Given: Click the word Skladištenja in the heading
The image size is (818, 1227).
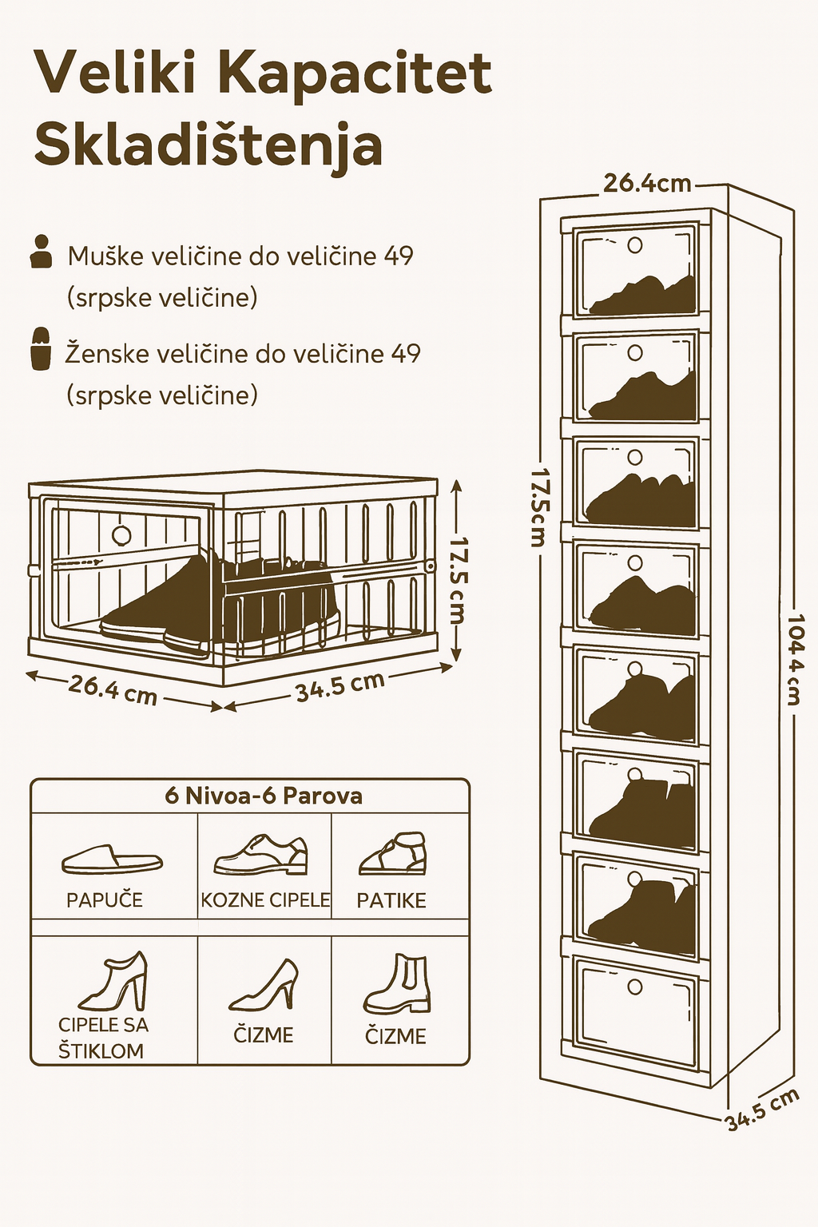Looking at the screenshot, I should coord(208,145).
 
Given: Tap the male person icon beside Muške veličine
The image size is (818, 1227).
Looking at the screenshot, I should coord(40,251).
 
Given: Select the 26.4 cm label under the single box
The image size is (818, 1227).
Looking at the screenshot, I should coord(113,689).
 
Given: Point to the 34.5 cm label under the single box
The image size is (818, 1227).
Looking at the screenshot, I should coord(340,685).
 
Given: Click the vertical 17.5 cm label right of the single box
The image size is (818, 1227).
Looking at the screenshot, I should coord(457,579).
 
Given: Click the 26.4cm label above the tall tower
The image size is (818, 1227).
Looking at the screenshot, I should coord(646,183).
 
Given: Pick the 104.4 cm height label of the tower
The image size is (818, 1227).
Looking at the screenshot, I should coord(794,659).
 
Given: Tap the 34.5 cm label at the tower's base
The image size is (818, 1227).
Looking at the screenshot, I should coord(762,1110).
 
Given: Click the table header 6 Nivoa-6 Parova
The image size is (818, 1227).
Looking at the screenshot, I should coord(264,796).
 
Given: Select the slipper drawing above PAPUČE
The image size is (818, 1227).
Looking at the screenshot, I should coord(112,859).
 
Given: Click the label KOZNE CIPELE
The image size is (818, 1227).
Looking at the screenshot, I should coord(265,900).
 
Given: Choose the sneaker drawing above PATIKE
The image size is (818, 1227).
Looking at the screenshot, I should coord(393,854).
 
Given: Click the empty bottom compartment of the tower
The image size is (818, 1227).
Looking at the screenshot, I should coord(636,1015).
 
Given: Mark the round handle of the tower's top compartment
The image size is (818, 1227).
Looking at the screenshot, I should coord(635,244).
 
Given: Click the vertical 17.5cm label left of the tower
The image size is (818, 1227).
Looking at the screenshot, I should coord(538,506).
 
